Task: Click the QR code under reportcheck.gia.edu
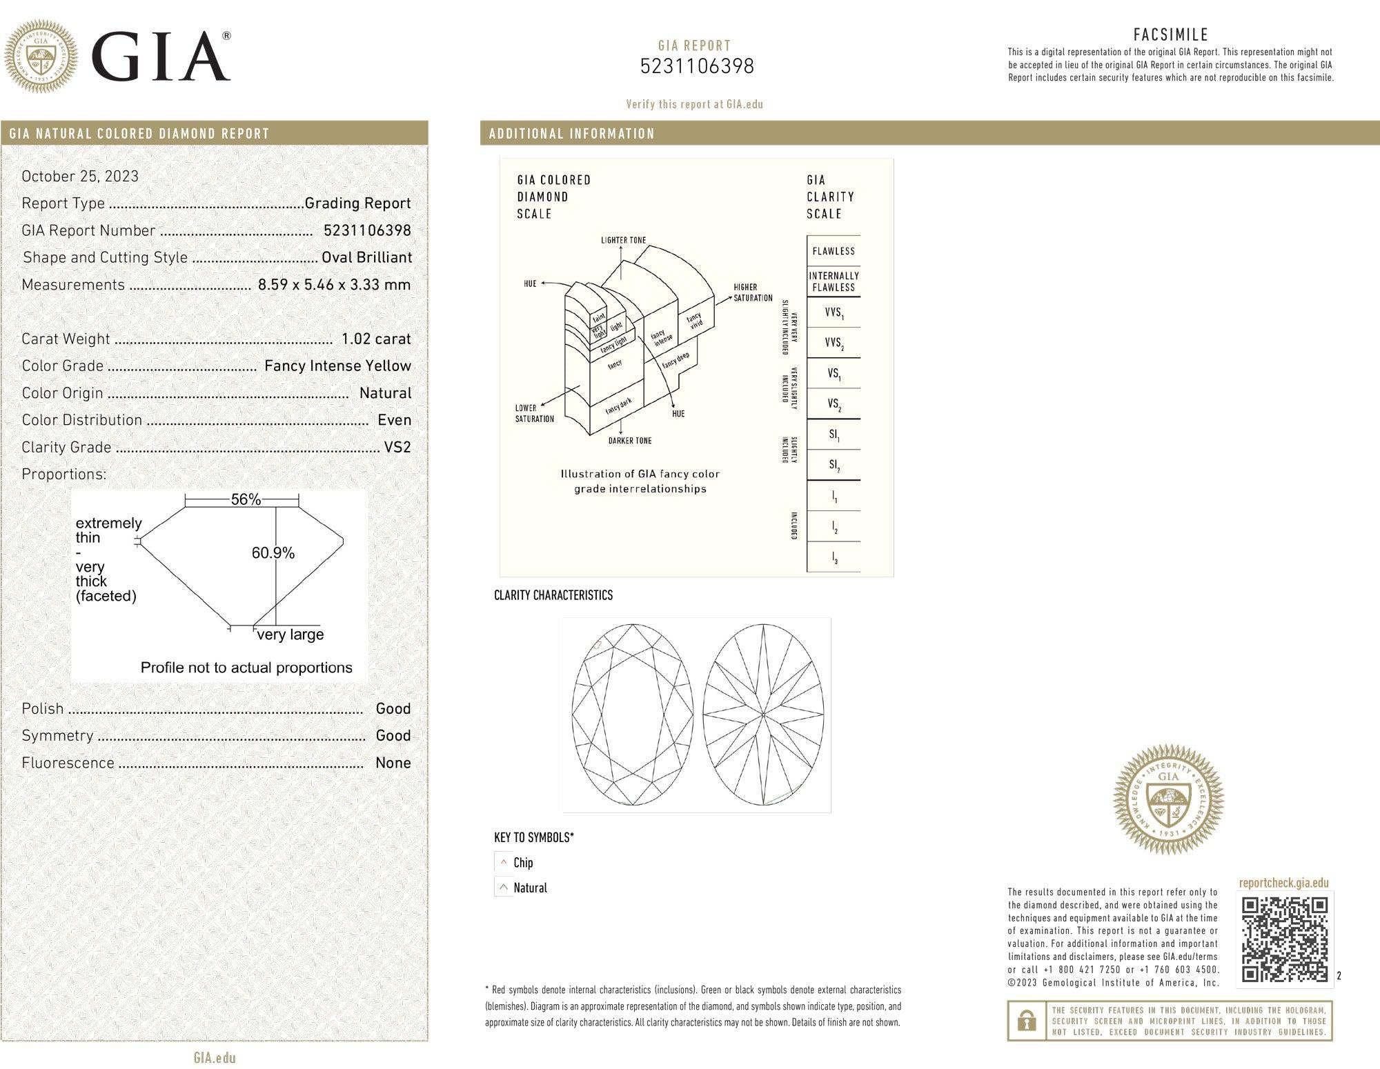coord(1285,939)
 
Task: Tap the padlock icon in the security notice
coord(1027,1020)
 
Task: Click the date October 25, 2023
coord(80,176)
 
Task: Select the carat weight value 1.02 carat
coord(376,339)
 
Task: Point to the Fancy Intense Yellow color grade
coord(337,366)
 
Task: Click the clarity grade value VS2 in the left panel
coord(397,447)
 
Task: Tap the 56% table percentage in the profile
coord(246,499)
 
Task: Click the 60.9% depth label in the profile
coord(273,552)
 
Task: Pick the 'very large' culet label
coord(290,635)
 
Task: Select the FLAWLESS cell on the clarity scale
coord(834,251)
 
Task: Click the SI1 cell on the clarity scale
coord(834,435)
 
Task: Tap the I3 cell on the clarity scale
coord(834,557)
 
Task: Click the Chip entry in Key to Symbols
coord(522,862)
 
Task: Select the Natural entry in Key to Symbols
coord(529,888)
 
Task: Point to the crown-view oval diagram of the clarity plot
coord(632,715)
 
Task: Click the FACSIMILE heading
coord(1170,34)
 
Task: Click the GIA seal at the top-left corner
coord(41,57)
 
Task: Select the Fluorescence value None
coord(393,763)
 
